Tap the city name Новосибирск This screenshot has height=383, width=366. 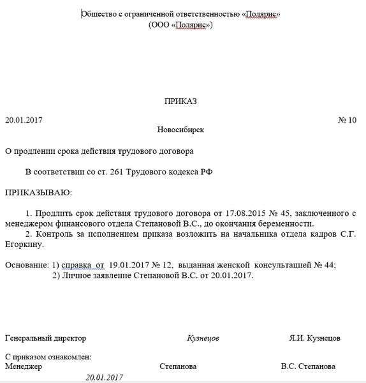[x=181, y=130]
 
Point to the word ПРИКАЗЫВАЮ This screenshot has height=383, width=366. [x=38, y=192]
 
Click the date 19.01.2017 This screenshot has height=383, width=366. [x=131, y=264]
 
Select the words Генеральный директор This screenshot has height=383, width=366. [x=45, y=338]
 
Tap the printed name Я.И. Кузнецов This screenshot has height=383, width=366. [x=314, y=338]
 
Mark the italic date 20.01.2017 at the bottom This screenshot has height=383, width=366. [x=104, y=377]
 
